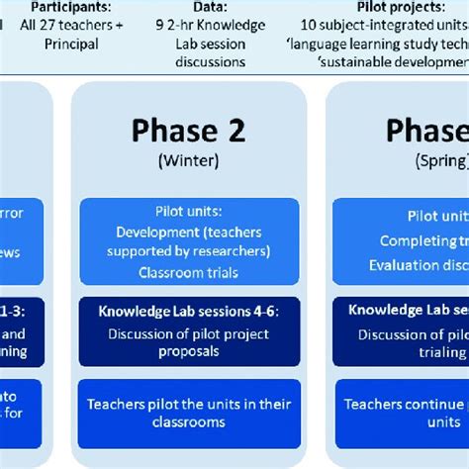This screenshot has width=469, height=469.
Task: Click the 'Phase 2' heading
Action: [188, 132]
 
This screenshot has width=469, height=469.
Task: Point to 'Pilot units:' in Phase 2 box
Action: [188, 213]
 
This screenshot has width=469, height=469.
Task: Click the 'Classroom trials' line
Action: [188, 271]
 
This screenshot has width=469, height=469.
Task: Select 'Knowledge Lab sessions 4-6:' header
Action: [188, 311]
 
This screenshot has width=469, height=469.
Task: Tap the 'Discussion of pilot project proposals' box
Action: [188, 343]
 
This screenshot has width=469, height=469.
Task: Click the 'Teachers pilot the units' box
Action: [188, 414]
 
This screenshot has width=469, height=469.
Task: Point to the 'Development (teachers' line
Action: [188, 233]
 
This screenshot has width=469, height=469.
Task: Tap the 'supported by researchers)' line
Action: [188, 251]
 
